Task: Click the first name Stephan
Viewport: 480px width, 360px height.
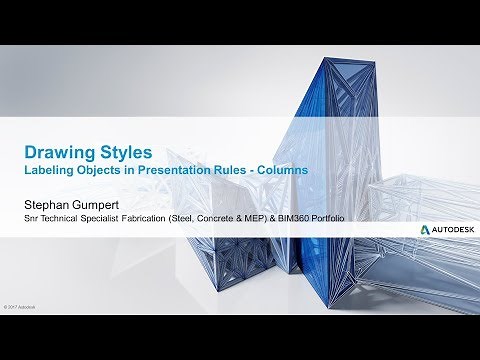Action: (x=49, y=203)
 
